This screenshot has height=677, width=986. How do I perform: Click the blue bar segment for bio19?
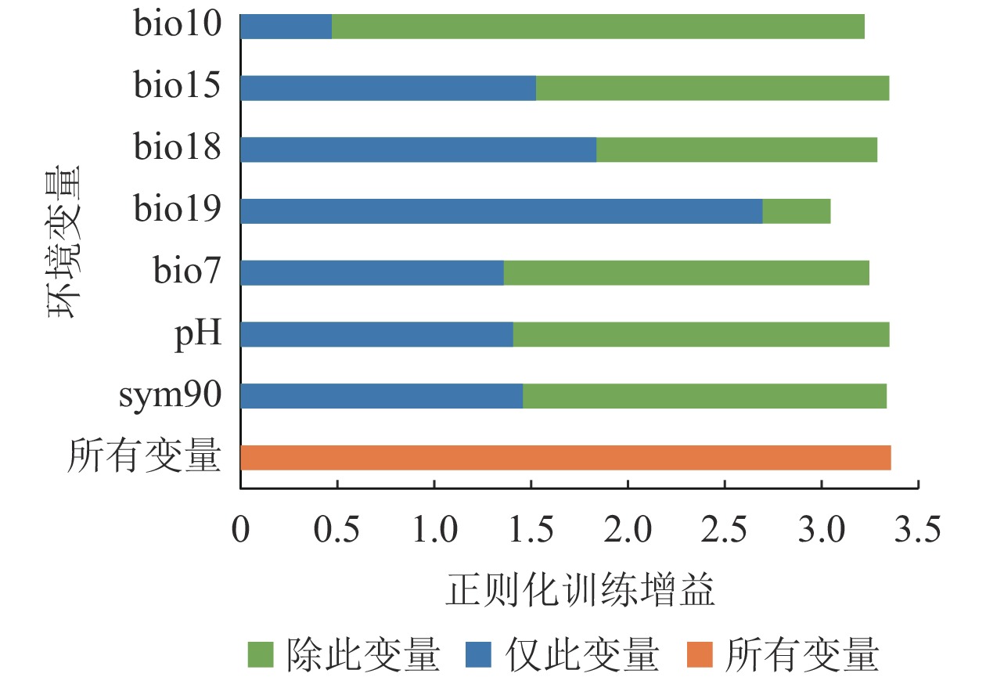coord(501,211)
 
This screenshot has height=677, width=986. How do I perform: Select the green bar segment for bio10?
coord(598,27)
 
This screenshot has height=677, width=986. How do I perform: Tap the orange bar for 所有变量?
coord(565,457)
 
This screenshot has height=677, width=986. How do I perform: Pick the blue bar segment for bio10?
coord(286,27)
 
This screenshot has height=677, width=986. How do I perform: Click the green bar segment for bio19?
coord(797,211)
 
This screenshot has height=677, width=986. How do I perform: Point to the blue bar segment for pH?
coord(376,334)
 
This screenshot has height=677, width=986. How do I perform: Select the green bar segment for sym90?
coord(704,396)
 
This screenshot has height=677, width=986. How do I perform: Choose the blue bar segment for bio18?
coord(418,149)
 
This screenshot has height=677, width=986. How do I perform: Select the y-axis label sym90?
coord(169,396)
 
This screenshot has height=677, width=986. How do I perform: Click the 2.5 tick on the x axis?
coord(725,533)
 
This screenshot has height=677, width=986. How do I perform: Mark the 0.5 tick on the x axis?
coord(337,533)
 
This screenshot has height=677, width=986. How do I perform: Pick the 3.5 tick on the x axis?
coord(917,533)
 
